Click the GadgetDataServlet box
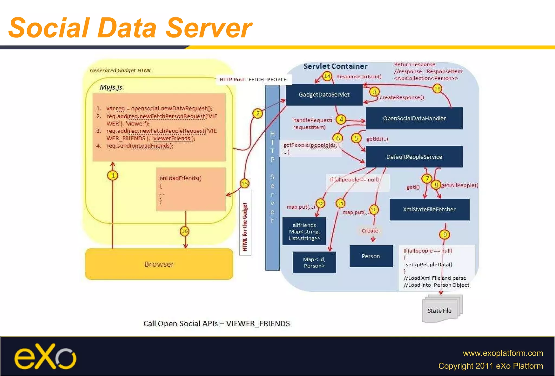click(x=324, y=95)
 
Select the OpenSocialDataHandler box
click(x=414, y=118)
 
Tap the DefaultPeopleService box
click(x=414, y=157)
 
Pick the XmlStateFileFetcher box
click(x=429, y=209)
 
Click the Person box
click(x=371, y=256)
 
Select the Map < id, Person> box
click(x=314, y=262)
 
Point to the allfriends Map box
click(x=304, y=231)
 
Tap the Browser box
click(x=159, y=264)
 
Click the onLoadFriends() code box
click(x=191, y=189)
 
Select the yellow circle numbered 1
click(x=113, y=176)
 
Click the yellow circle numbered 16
click(x=185, y=231)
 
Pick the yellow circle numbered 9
click(x=444, y=234)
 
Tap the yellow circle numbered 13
click(x=437, y=88)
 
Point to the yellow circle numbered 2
click(x=257, y=113)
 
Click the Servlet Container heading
click(x=335, y=66)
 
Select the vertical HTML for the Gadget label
click(x=245, y=226)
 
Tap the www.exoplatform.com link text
click(x=503, y=353)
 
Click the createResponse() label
click(x=402, y=97)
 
